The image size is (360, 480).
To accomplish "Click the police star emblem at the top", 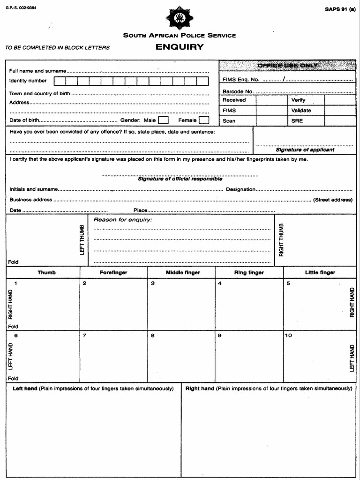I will coord(180,18).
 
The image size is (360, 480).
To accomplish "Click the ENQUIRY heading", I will coord(180,47).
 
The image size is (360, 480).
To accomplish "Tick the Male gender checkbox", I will coord(163,120).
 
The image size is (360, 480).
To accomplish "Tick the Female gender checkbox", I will coord(204,120).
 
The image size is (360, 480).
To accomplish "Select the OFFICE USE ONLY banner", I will coord(287,66).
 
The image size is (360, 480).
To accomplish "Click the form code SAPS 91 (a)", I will coord(340,9).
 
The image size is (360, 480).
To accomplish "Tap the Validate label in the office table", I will coord(301,111).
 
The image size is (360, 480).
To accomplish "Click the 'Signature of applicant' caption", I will coord(305,150).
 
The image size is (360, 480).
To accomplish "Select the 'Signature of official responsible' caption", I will coord(180,179).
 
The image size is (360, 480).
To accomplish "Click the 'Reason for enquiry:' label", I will coord(123,220).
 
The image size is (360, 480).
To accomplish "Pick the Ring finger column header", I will coord(249,273).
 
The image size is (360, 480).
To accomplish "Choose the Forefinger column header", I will coord(113,273).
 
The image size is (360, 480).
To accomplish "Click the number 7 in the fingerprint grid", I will coord(84,336).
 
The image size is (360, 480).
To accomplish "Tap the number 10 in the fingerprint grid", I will coord(288,336).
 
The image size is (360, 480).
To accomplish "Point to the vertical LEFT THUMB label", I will coord(82,240).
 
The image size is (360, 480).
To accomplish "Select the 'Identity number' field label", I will coord(28,81).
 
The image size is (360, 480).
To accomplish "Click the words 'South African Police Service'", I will coord(180,36).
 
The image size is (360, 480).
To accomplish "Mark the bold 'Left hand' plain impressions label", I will coord(25,389).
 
